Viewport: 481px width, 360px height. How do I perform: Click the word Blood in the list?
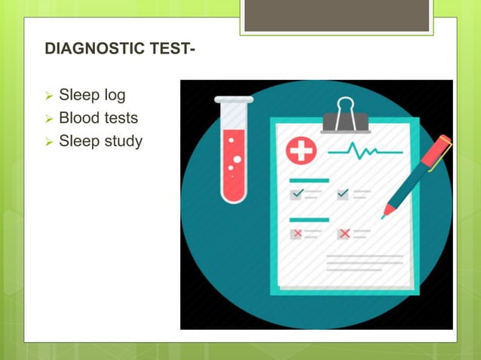(x=78, y=117)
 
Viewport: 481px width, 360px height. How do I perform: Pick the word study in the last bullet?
(x=122, y=141)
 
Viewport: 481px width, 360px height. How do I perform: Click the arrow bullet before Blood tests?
(x=49, y=119)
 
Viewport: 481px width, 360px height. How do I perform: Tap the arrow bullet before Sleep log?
(x=49, y=96)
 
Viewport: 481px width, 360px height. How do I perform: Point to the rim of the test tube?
(x=234, y=99)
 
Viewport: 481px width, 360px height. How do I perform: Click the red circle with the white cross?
(x=302, y=151)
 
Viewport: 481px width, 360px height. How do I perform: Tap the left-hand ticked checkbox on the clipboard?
(x=296, y=194)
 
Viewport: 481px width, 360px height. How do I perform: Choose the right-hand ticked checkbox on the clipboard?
(x=343, y=194)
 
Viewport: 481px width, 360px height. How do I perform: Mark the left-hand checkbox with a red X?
(x=296, y=233)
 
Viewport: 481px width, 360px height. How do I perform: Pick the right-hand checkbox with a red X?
(x=344, y=233)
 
